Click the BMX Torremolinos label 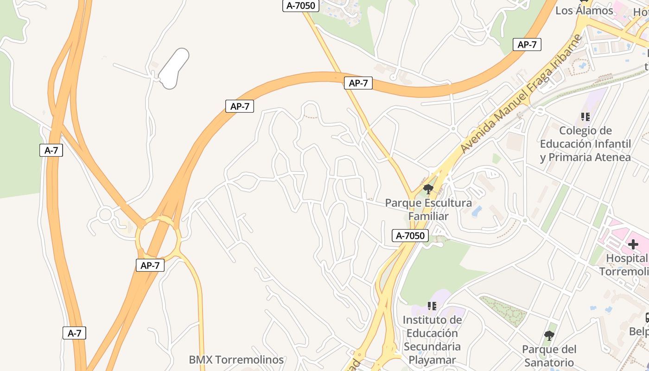click(x=236, y=359)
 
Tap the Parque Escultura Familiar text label click(x=428, y=210)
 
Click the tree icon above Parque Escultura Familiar click(x=428, y=189)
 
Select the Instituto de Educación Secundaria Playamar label click(x=432, y=339)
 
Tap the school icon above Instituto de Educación click(x=432, y=306)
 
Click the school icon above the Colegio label click(x=585, y=117)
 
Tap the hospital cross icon click(x=633, y=244)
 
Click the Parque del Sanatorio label click(x=549, y=356)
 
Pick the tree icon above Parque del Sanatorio click(x=549, y=335)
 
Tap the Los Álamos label click(x=584, y=11)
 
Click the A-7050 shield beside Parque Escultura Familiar click(x=410, y=236)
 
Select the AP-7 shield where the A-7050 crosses click(x=358, y=83)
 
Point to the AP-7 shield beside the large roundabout click(x=150, y=265)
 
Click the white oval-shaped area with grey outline click(x=173, y=69)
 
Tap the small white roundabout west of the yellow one click(x=105, y=215)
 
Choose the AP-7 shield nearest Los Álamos click(x=527, y=45)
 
